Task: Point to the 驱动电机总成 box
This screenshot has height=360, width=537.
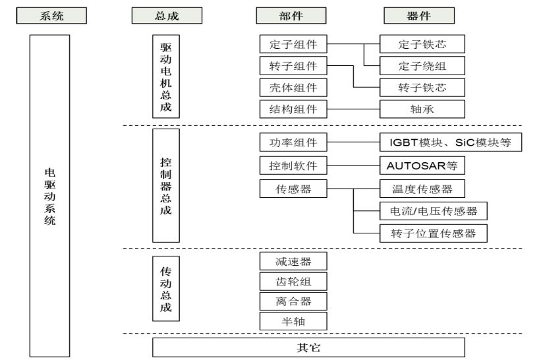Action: (165, 76)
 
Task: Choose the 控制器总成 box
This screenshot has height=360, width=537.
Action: (165, 185)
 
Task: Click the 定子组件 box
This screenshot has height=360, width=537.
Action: (294, 45)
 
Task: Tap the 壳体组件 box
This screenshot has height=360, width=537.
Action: (294, 87)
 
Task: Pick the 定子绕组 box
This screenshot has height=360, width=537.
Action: (422, 66)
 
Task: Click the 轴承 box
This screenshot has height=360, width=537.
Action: (422, 108)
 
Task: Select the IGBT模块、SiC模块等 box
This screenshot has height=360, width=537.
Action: (451, 142)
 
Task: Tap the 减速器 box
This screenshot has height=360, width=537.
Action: (294, 261)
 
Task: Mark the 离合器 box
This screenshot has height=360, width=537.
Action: (294, 301)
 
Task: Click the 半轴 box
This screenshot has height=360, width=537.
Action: (294, 321)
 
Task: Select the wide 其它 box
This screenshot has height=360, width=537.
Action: (308, 347)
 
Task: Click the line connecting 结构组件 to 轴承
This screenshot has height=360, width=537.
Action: (354, 108)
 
